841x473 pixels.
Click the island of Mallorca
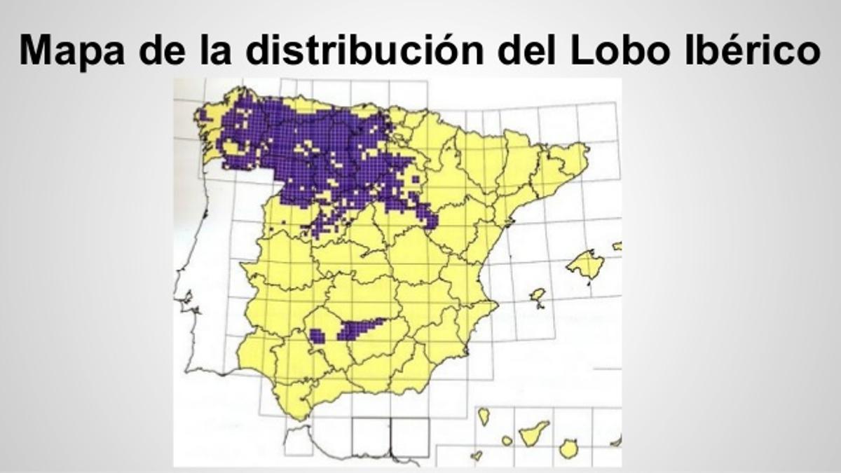click(585, 264)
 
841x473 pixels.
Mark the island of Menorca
click(617, 246)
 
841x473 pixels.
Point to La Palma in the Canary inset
click(484, 416)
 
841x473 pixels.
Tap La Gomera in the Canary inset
click(507, 441)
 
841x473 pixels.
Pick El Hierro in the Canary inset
click(477, 455)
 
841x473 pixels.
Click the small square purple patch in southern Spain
click(317, 336)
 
